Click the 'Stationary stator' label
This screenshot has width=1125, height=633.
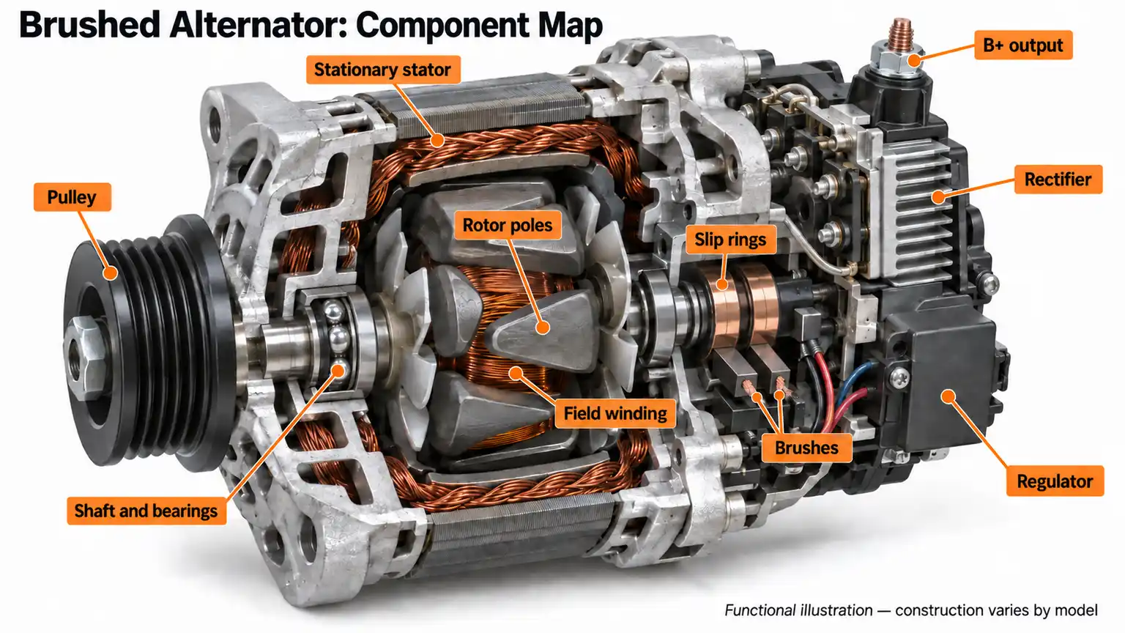point(383,70)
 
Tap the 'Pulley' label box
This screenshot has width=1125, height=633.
point(72,197)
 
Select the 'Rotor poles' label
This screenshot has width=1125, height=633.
point(508,225)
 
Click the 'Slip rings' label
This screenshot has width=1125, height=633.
point(730,240)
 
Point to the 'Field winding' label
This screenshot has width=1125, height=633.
point(615,413)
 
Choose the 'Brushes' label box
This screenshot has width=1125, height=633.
point(806,448)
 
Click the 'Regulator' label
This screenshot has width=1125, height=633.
point(1055,481)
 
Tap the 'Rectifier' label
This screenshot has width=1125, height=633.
point(1058,179)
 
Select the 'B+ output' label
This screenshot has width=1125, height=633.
point(1023,45)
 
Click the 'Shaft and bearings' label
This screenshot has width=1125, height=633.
point(146,511)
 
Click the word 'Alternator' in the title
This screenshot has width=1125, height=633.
point(258,25)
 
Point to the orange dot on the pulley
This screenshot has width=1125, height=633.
point(111,273)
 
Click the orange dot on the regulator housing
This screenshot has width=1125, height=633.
point(948,396)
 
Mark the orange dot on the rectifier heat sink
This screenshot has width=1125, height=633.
point(937,196)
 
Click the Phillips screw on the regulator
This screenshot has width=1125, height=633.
point(899,375)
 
